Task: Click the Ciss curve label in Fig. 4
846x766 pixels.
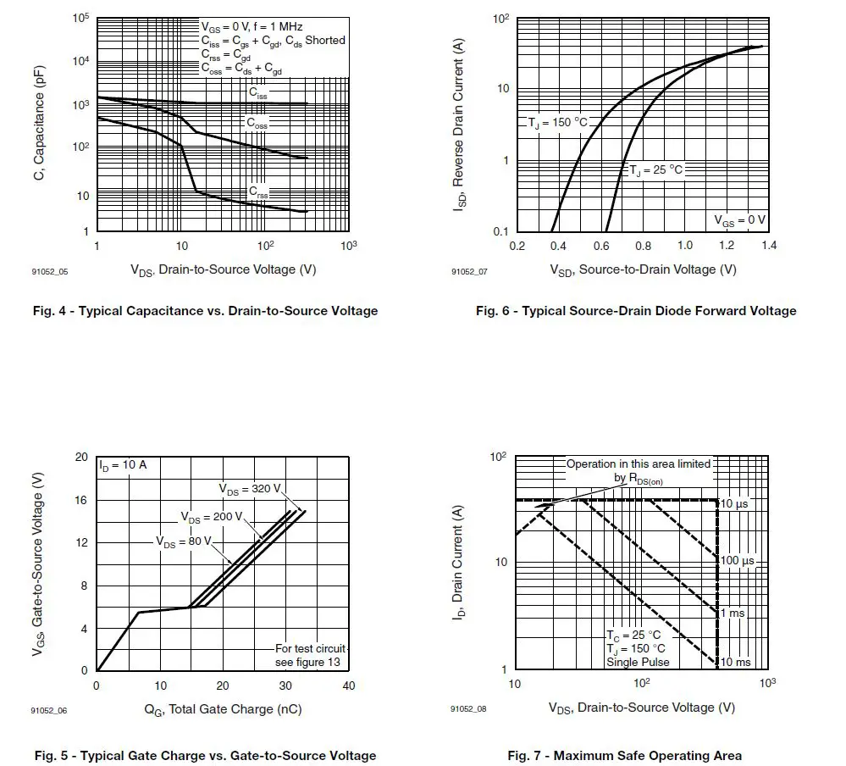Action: coord(258,92)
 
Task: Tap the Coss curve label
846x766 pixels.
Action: coord(257,123)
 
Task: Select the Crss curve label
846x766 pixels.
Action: coord(258,193)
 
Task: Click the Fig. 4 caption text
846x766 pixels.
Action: coord(206,310)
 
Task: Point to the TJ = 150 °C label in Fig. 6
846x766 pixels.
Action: coord(557,123)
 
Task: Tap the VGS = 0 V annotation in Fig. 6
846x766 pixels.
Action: coord(739,219)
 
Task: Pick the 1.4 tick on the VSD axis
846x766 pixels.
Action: coord(769,246)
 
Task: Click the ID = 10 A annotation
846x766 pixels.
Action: coord(123,465)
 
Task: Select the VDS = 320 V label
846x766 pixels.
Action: coord(249,490)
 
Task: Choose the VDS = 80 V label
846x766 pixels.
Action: coord(183,541)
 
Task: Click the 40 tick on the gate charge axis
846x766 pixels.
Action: coord(349,686)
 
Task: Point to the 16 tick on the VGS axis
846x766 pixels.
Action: coord(81,500)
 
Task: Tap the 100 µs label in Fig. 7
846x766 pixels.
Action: coord(737,561)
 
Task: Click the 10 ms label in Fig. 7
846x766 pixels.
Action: coord(735,662)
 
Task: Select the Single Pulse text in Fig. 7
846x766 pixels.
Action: coord(638,662)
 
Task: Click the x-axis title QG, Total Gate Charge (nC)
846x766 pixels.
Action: coord(223,708)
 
